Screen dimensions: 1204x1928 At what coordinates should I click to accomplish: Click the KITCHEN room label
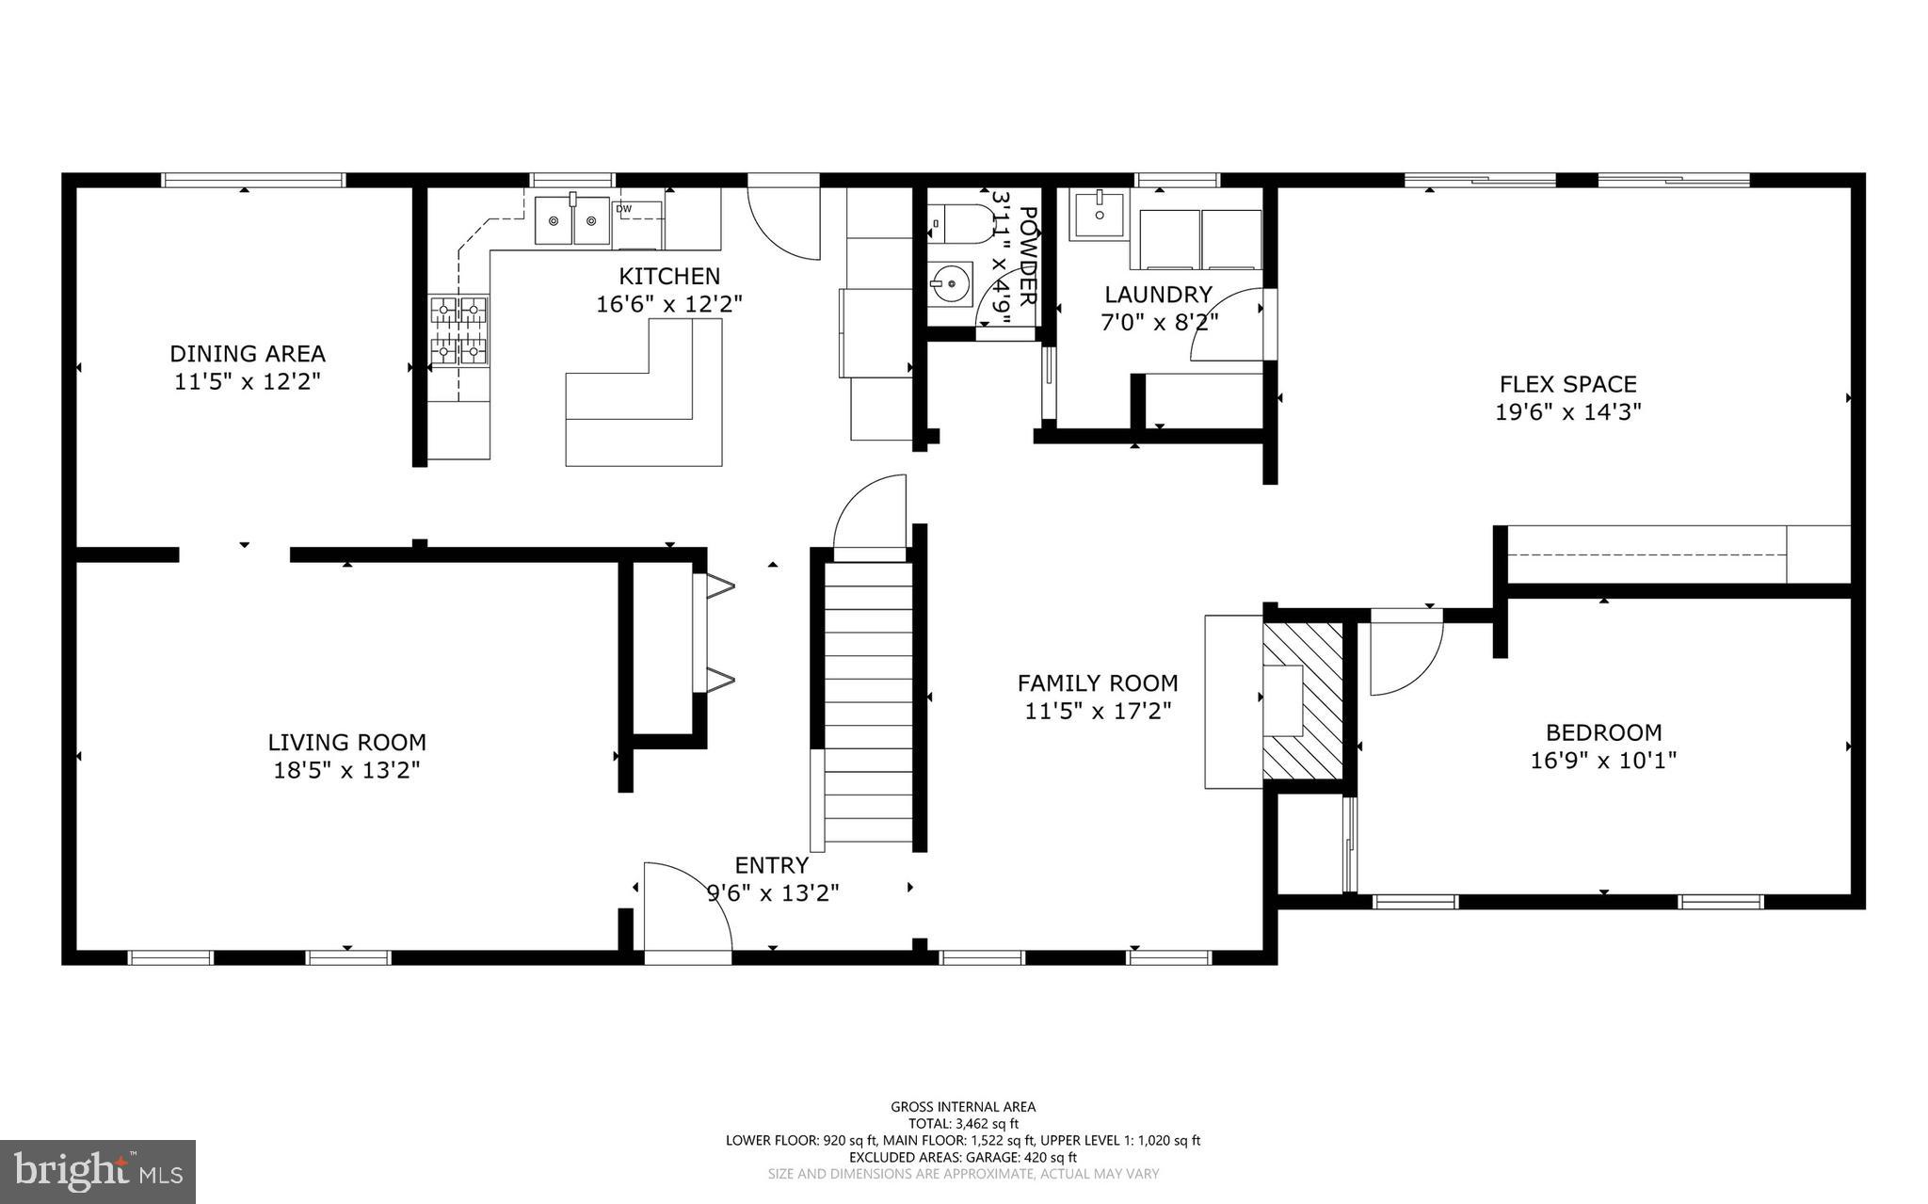(668, 276)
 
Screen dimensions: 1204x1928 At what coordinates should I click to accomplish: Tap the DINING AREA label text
(248, 354)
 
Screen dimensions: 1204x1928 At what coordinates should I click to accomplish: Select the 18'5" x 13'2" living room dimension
(346, 770)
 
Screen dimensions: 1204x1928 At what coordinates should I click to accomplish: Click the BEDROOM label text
(1603, 732)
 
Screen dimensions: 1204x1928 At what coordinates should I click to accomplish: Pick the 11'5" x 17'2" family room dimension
(1098, 711)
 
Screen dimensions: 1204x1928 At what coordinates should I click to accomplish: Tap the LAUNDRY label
(1158, 295)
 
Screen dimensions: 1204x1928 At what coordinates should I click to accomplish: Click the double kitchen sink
(572, 221)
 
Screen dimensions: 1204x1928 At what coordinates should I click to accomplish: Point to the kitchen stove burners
(459, 329)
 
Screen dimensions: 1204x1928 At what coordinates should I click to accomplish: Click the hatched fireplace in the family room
(1302, 700)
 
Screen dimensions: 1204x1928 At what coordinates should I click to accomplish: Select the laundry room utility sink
(1098, 215)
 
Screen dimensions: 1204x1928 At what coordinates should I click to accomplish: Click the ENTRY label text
(771, 865)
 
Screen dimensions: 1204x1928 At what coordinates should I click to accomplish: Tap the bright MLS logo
(98, 1171)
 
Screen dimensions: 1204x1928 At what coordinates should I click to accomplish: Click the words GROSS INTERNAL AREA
(963, 1107)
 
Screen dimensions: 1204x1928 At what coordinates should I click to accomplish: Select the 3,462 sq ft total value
(987, 1124)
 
